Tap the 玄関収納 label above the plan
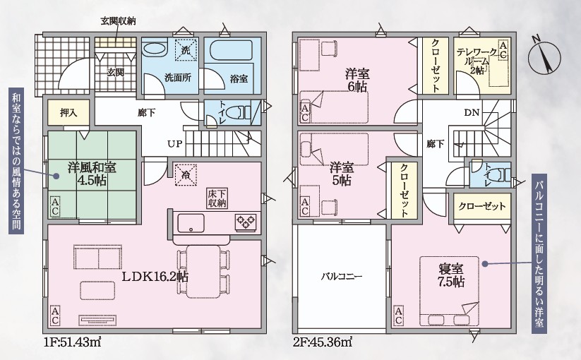(x=119, y=21)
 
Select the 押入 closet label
(x=68, y=113)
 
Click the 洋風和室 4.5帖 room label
(x=92, y=174)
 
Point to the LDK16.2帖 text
(x=155, y=276)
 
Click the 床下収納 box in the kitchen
(x=217, y=198)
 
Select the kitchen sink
(x=191, y=223)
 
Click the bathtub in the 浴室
(x=232, y=51)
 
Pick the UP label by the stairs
(x=175, y=144)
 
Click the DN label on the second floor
(x=472, y=113)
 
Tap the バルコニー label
(x=341, y=276)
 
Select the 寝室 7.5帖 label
(x=451, y=275)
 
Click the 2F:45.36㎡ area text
(x=323, y=342)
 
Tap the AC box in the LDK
(x=55, y=316)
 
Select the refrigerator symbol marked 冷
(x=185, y=174)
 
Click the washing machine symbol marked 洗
(x=185, y=49)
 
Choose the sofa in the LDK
(x=98, y=256)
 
